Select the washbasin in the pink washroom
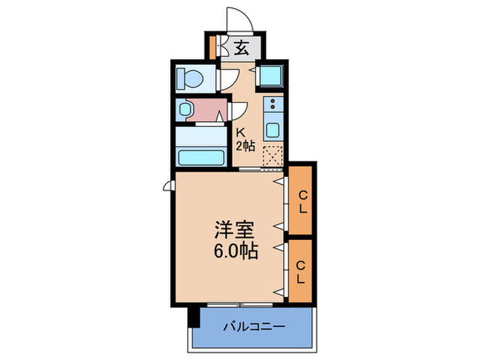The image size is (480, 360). pos(184,109)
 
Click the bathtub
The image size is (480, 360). pos(202,156)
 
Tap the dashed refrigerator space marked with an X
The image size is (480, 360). pos(273,156)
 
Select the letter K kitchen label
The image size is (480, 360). pos(241,132)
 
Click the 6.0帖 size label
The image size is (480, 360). pos(235,251)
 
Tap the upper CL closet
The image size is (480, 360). pos(301,200)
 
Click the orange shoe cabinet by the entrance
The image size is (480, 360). pos(214,49)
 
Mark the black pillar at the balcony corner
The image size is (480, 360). pos(194,317)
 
